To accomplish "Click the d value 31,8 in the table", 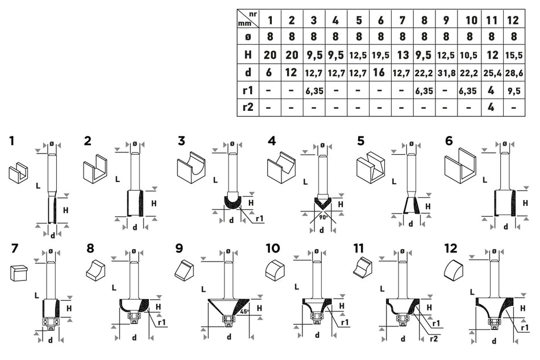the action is click(x=446, y=73).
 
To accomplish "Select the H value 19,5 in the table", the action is click(x=380, y=56).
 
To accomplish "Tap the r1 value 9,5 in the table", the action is click(x=514, y=91).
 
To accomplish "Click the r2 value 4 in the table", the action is click(x=491, y=107).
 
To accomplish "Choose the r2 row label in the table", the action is click(x=248, y=107).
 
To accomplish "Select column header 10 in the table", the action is click(x=471, y=20).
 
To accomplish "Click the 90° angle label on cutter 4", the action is click(x=323, y=217).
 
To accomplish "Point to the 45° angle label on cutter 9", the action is click(x=244, y=311).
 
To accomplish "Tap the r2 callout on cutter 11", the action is click(x=434, y=338).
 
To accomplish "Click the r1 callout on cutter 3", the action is click(x=259, y=218).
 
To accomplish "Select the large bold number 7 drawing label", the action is click(x=14, y=249).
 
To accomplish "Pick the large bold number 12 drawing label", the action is click(x=451, y=249).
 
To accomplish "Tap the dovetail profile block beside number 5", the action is click(x=371, y=167).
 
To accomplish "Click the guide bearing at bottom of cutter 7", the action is click(x=50, y=322).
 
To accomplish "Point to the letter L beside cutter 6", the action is click(x=485, y=180).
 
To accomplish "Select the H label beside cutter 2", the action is click(x=153, y=204).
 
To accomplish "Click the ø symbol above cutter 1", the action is click(x=52, y=143).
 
